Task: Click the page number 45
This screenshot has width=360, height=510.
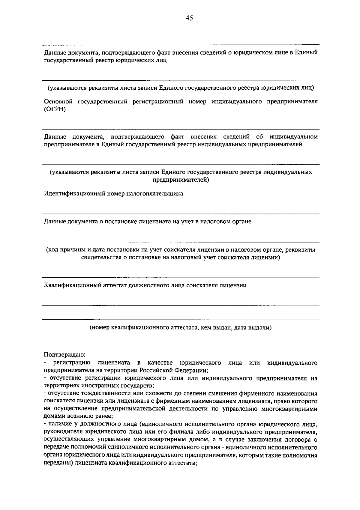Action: pyautogui.click(x=189, y=18)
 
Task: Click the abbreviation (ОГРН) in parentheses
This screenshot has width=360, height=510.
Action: pyautogui.click(x=55, y=109)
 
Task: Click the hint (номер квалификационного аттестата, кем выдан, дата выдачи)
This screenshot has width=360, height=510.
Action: pyautogui.click(x=181, y=328)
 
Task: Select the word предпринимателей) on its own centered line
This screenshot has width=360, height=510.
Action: pyautogui.click(x=181, y=180)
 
